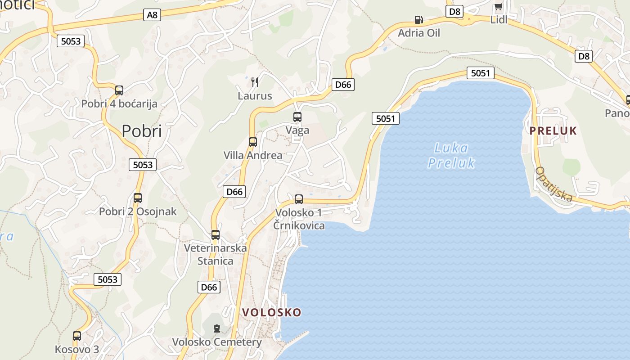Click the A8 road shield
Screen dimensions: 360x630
[x=153, y=15]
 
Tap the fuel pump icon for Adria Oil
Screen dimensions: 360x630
[x=418, y=20]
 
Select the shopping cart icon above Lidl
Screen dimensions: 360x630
[x=498, y=7]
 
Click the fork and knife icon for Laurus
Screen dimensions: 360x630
[x=255, y=82]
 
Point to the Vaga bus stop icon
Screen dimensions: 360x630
[x=297, y=117]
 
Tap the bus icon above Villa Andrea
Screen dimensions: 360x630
[x=253, y=142]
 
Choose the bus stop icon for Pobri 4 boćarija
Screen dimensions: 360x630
[x=119, y=90]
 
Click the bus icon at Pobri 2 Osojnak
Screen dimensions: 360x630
[x=138, y=198]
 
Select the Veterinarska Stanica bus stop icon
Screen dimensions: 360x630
[x=216, y=235]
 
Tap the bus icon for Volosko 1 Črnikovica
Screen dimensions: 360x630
[x=299, y=199]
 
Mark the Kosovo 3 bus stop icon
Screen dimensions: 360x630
[x=77, y=336]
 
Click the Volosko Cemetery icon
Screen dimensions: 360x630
[x=217, y=328]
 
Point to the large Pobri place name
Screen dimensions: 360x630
[x=142, y=131]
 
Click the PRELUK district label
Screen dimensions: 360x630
[x=553, y=131]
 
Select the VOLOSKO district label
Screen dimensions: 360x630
[x=272, y=312]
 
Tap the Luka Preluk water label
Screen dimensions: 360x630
[x=451, y=155]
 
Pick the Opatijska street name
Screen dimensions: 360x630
[x=554, y=184]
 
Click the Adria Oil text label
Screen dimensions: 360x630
[x=419, y=33]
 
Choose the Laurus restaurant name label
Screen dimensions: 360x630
[x=255, y=96]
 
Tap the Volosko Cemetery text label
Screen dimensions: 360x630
[x=217, y=342]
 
